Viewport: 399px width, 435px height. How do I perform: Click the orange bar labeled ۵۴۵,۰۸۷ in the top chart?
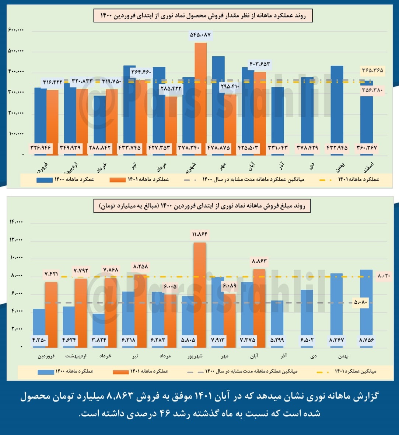(201, 92)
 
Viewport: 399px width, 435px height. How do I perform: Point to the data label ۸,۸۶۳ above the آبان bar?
(260, 261)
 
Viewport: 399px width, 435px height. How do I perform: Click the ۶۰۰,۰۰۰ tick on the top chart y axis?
(16, 30)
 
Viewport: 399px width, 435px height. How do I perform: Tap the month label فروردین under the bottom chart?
(46, 356)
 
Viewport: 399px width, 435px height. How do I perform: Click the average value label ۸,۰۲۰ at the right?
(384, 276)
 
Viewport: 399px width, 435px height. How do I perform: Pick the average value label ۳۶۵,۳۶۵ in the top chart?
(372, 70)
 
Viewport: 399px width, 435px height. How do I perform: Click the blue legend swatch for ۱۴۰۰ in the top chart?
(44, 180)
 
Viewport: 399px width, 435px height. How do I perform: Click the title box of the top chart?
(203, 16)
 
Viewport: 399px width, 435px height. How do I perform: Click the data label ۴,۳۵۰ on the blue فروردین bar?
(39, 340)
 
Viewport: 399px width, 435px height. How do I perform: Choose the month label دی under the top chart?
(312, 166)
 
